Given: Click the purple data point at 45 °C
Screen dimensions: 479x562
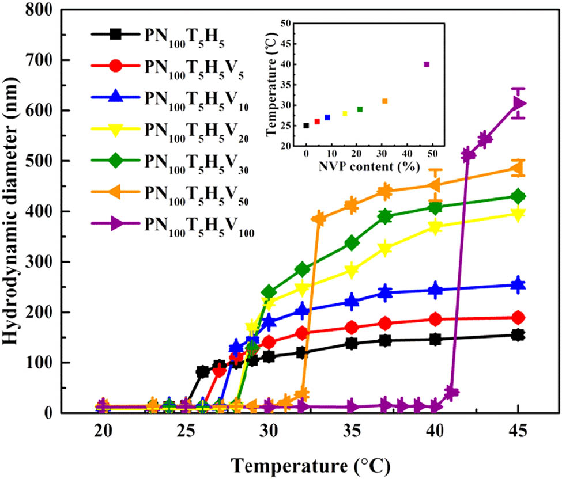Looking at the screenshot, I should coord(518,104).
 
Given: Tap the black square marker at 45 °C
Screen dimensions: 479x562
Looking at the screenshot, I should coord(518,335).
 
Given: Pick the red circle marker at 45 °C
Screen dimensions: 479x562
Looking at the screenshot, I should coord(518,318).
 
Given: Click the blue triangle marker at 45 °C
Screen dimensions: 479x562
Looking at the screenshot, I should coord(518,284).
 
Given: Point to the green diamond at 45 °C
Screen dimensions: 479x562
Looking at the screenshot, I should coord(518,196).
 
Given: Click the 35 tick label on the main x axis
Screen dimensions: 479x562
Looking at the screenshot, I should coord(352,429).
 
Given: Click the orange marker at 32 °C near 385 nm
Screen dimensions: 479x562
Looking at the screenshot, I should coord(318,219).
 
